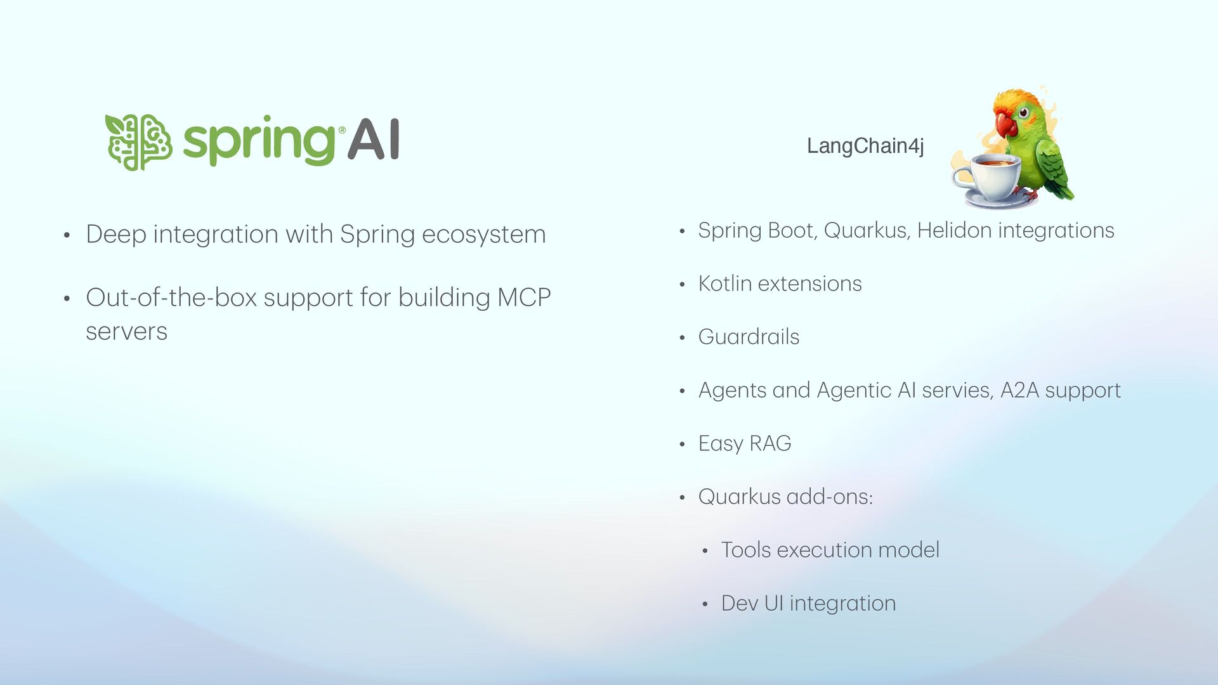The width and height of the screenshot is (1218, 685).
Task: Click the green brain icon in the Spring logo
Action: click(x=138, y=142)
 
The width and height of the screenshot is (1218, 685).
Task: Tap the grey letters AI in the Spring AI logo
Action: click(x=374, y=140)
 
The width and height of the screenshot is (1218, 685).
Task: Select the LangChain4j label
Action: click(x=865, y=146)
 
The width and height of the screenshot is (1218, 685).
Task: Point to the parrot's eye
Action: click(x=1023, y=114)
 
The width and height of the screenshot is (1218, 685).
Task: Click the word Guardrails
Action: click(x=749, y=337)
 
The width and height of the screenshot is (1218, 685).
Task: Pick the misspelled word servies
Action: click(x=957, y=390)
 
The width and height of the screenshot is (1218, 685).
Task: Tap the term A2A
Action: click(x=1019, y=390)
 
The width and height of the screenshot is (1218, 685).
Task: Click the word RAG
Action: click(x=770, y=443)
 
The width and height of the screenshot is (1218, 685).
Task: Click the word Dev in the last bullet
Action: click(x=739, y=603)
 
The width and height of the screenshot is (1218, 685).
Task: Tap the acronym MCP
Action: click(x=524, y=297)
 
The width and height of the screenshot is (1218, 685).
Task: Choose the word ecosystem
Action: click(x=483, y=234)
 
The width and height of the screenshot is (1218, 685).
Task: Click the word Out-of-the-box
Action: click(x=171, y=297)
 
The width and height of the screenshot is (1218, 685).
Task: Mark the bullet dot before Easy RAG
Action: click(x=683, y=445)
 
